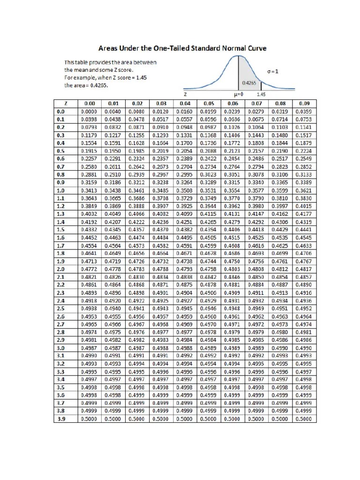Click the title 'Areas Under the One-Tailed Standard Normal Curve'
[x=182, y=48]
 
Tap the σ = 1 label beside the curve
[x=273, y=72]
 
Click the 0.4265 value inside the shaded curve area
[x=248, y=82]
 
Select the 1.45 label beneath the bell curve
[x=261, y=95]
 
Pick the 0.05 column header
[x=209, y=104]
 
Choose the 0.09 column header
[x=304, y=104]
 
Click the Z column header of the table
[x=60, y=104]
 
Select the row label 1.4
[x=60, y=222]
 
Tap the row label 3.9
[x=60, y=419]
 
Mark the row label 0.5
[x=60, y=151]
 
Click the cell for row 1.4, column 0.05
[x=209, y=222]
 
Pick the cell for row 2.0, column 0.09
[x=304, y=269]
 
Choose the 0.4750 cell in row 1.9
[x=232, y=261]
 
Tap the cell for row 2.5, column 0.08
[x=280, y=308]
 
